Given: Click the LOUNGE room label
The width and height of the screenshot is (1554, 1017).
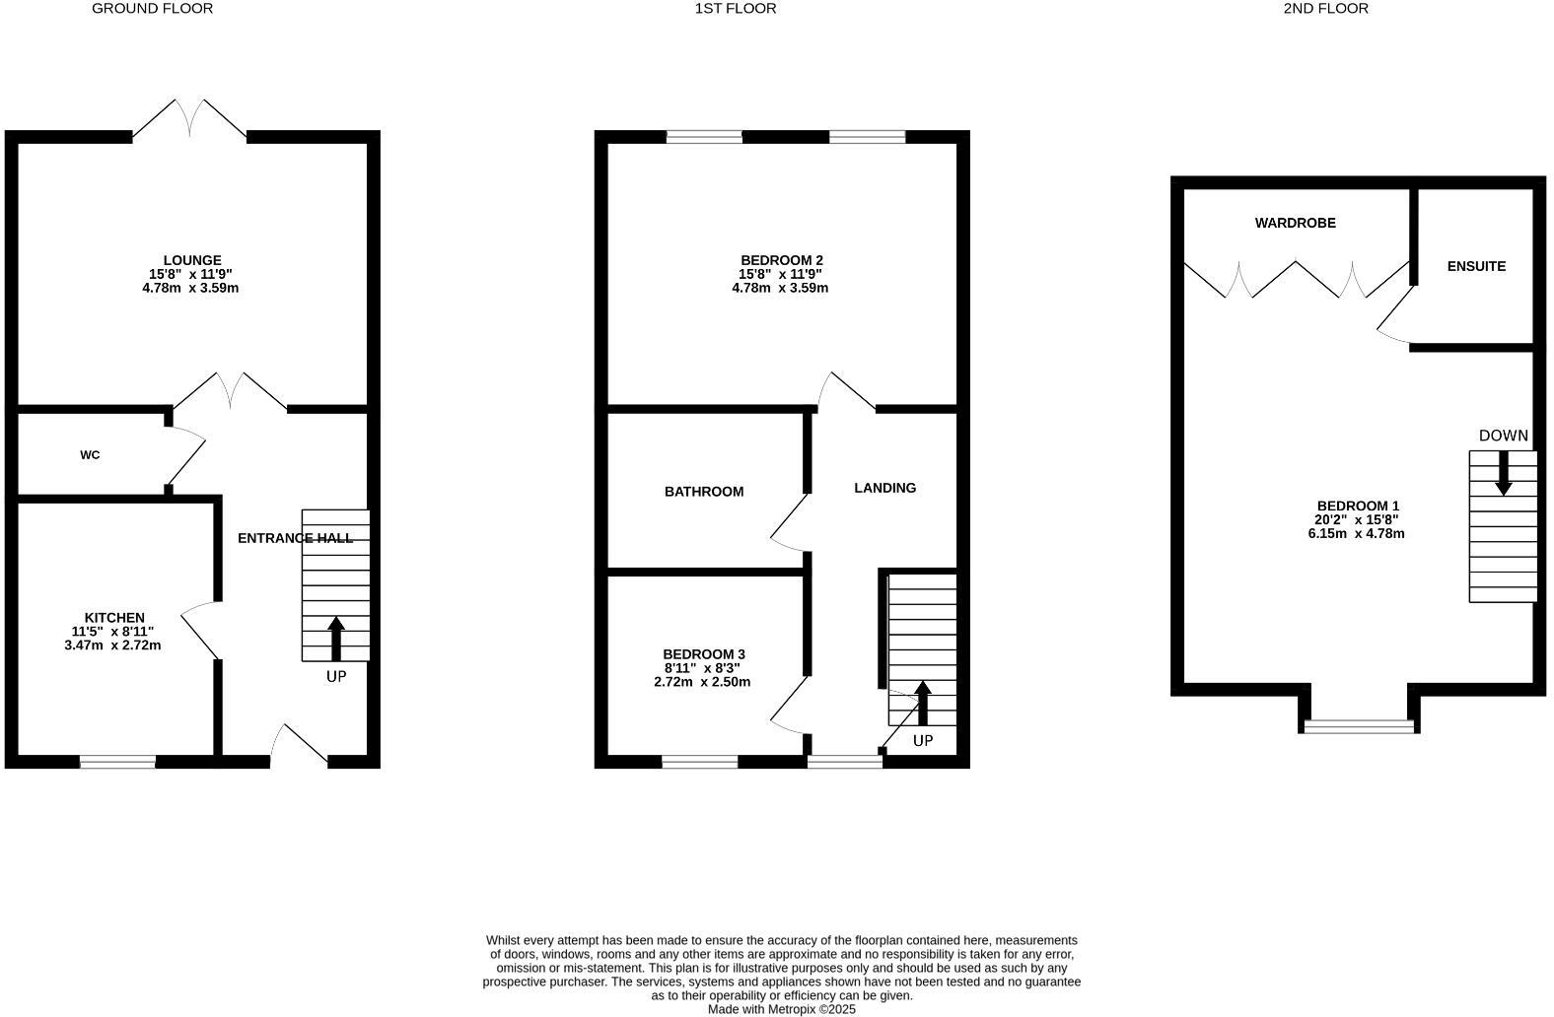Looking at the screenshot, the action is point(192,261).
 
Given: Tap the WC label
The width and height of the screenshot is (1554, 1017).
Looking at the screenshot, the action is point(90,455).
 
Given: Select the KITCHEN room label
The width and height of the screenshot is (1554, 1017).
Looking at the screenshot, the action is point(114,618).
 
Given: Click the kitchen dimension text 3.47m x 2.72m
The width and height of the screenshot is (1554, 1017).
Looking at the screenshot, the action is point(112,645).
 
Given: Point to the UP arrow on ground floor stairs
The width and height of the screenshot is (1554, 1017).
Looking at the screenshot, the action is point(336,639).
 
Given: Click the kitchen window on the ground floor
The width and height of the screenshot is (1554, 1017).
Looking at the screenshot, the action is point(118,762).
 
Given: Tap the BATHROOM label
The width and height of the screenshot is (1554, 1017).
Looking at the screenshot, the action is point(704,492).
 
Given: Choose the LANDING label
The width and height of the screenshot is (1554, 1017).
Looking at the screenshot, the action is point(885,488).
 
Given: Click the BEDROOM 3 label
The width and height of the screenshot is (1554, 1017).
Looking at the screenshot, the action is point(704,654).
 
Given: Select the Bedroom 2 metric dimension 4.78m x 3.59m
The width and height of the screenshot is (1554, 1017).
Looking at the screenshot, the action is point(780,288).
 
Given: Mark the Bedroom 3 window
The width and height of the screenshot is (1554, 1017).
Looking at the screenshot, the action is point(700,762).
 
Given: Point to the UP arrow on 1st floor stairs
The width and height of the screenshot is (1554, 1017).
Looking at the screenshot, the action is point(922,703).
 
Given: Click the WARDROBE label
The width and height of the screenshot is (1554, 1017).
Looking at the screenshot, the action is point(1296,224).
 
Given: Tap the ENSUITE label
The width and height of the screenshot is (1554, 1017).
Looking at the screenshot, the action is point(1476,266).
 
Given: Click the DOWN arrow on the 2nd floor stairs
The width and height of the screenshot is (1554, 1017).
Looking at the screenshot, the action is point(1504,473).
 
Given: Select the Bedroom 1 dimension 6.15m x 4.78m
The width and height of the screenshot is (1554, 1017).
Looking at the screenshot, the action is point(1356,534).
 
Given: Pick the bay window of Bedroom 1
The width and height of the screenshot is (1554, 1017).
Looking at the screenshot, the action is point(1359,726).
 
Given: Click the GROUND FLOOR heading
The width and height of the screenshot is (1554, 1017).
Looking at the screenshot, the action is point(153,8).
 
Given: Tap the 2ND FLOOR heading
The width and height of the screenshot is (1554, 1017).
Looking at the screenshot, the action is point(1326,8).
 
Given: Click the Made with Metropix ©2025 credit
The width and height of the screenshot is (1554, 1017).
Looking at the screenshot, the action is point(782,1009).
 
